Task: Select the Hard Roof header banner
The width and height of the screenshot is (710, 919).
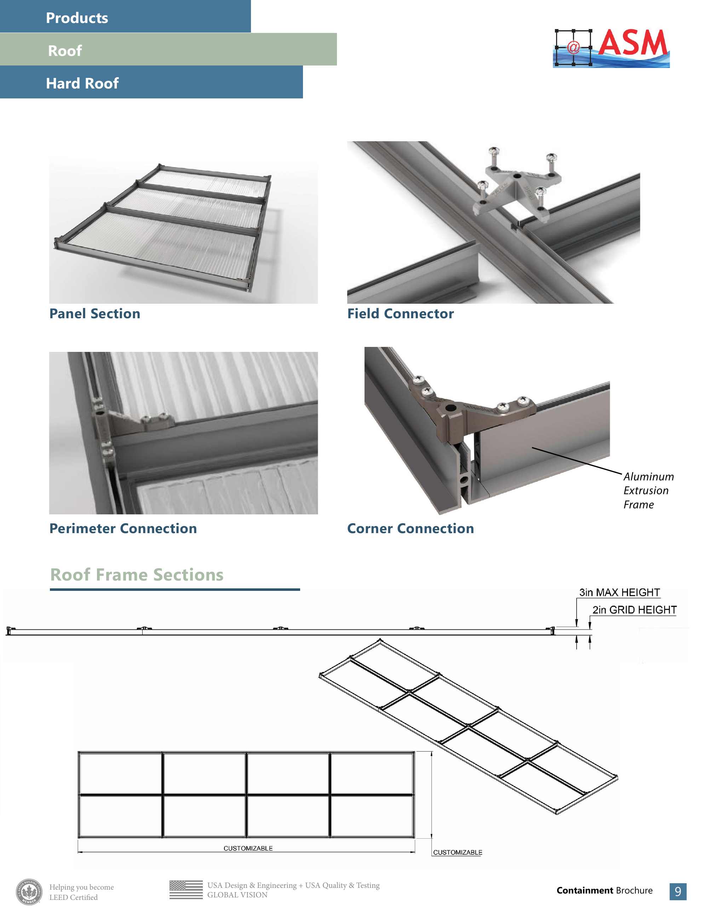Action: (x=151, y=82)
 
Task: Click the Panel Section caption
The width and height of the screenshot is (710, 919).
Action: (x=95, y=314)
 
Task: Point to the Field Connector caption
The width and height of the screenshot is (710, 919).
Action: (x=400, y=314)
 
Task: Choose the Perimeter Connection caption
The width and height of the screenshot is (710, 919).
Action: (x=123, y=529)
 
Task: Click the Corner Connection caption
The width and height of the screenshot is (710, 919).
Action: (x=410, y=529)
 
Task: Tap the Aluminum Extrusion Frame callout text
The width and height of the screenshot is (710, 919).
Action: (x=648, y=491)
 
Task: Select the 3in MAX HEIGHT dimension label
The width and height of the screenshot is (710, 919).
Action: (x=619, y=593)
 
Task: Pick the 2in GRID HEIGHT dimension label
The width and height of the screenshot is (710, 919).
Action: (x=634, y=610)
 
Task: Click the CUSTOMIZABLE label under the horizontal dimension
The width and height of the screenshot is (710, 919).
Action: (x=248, y=848)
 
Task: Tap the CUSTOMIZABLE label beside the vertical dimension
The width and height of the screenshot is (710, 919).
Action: (x=457, y=852)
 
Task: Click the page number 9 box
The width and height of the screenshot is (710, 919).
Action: (x=677, y=892)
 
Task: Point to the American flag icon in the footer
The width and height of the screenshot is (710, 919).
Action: (x=186, y=890)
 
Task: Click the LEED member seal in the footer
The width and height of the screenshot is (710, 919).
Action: (x=29, y=892)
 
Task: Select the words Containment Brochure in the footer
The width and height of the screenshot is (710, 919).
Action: (x=604, y=890)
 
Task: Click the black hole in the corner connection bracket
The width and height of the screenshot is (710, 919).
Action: (x=450, y=408)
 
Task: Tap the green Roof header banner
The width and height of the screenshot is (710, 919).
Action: (x=168, y=49)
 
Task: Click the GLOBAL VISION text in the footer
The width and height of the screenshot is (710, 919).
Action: (x=237, y=895)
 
